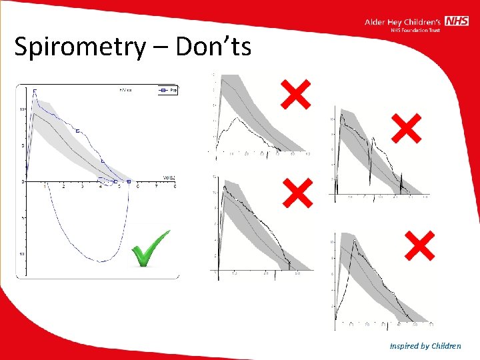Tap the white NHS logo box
coord(457,21)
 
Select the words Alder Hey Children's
coord(404,22)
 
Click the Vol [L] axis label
coord(169,177)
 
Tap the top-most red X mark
coord(295,94)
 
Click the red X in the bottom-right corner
coord(419,245)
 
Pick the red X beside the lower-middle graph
coord(297,193)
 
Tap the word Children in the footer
coord(446,346)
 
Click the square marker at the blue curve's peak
coord(35,91)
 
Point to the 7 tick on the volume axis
coord(156,187)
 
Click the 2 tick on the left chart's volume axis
coord(63,187)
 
